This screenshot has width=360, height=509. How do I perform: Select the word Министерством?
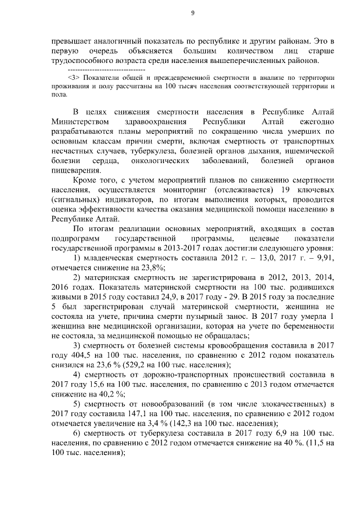pos(78,122)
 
